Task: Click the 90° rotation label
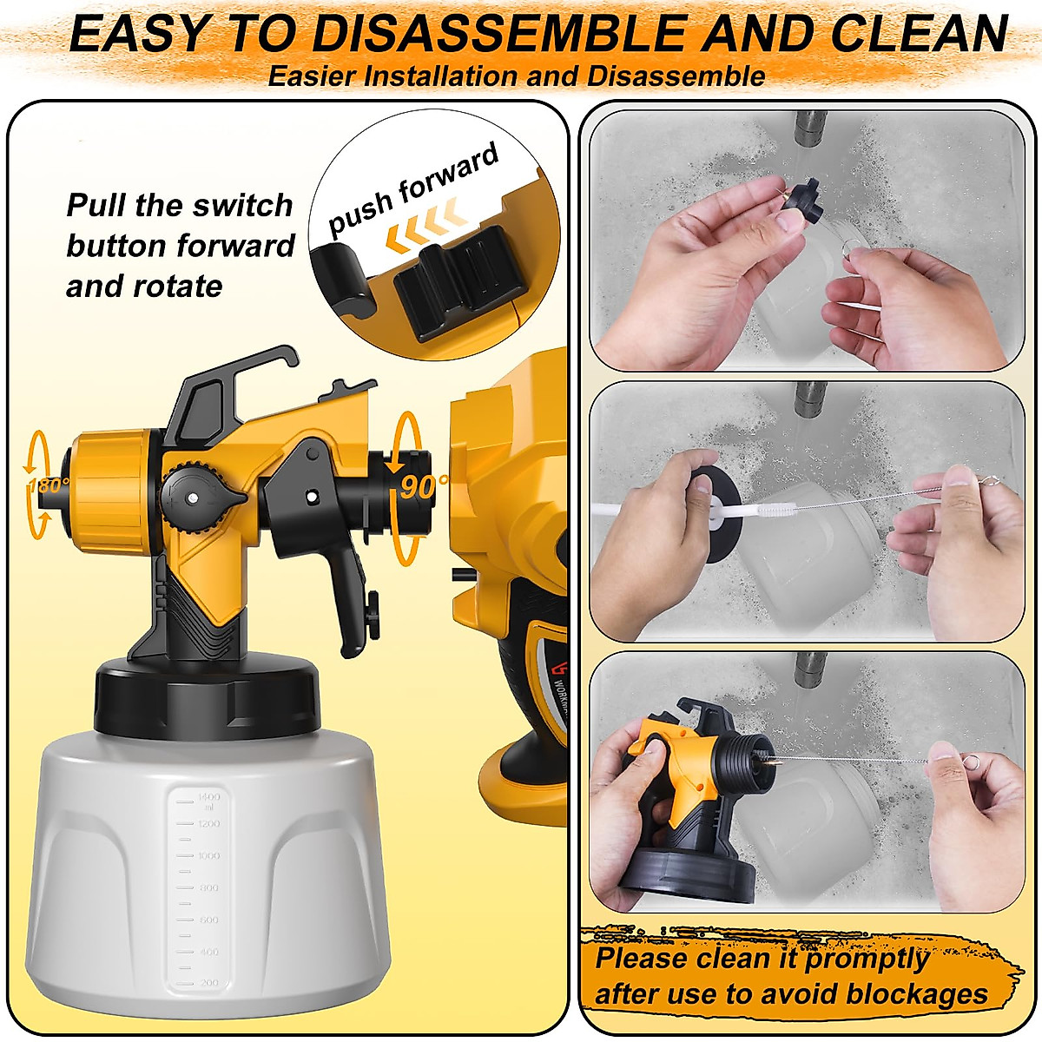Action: [424, 487]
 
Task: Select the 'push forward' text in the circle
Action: [413, 188]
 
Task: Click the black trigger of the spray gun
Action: [352, 599]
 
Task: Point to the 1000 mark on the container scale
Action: [208, 856]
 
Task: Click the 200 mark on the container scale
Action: [209, 983]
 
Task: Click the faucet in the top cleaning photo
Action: [810, 129]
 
